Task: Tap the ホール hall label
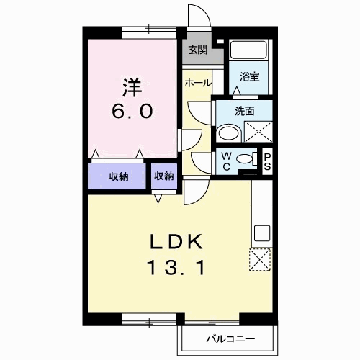tap(197, 84)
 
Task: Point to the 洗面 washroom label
tap(245, 112)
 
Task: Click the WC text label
tap(226, 161)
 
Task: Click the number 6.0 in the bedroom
tap(131, 112)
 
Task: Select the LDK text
tap(178, 241)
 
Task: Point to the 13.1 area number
tap(177, 267)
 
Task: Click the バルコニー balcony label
tap(227, 337)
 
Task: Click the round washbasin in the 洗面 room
tap(228, 133)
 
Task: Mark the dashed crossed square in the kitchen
tap(261, 259)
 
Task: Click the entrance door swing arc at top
tap(197, 16)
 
